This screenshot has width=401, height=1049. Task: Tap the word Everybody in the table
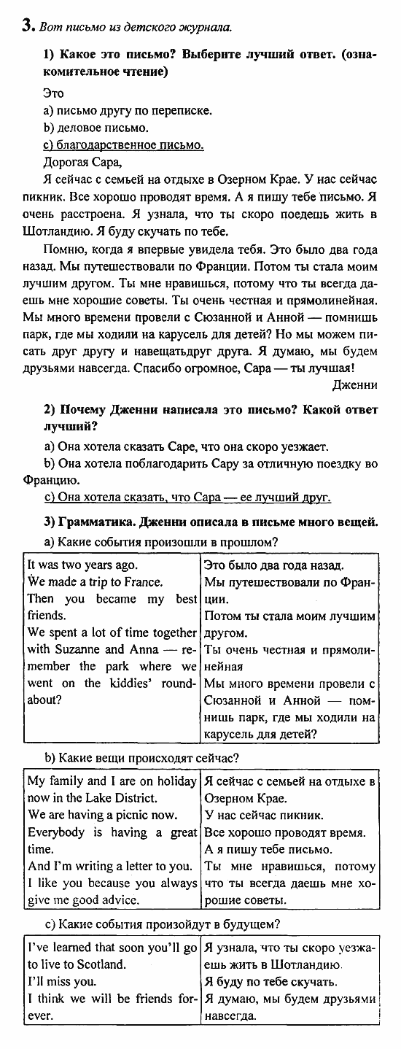55,832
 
